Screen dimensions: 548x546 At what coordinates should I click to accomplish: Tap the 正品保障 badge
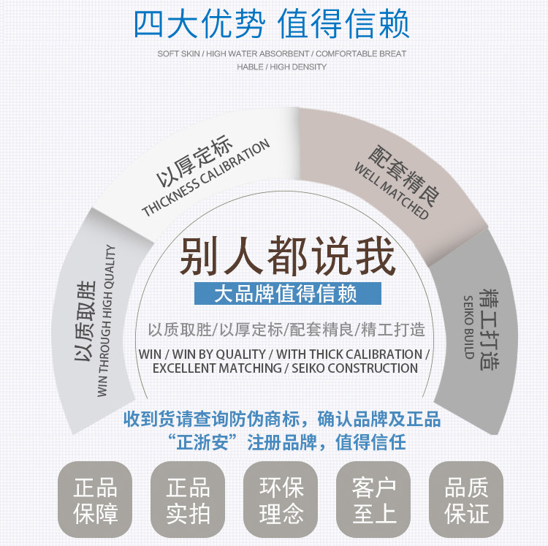96,501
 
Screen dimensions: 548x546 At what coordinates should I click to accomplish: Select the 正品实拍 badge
188,501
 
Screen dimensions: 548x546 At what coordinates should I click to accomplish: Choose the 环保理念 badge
281,501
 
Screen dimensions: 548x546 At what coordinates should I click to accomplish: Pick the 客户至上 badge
373,501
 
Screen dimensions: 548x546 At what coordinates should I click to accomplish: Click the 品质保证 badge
466,501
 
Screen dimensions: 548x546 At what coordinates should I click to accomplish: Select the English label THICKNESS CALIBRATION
207,178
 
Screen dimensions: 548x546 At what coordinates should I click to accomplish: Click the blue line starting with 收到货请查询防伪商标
281,420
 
